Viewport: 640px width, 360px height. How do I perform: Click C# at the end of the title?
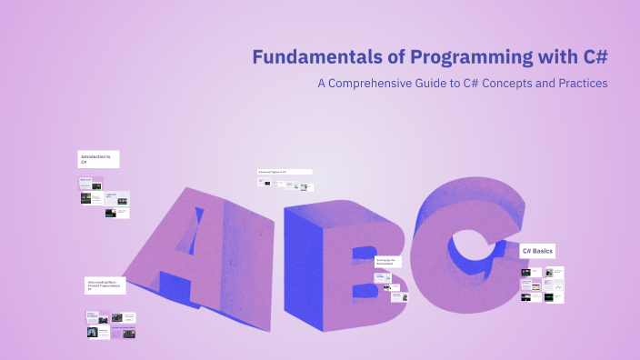pos(591,57)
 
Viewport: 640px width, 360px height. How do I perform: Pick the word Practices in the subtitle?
pos(584,84)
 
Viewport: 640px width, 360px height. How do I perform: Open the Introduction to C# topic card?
pos(98,159)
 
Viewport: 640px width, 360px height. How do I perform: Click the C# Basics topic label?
pos(537,250)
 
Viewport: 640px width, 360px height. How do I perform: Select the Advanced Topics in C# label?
pos(284,171)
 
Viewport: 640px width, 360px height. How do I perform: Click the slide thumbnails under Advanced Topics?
pos(283,184)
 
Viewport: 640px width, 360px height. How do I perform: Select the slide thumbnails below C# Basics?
pos(542,285)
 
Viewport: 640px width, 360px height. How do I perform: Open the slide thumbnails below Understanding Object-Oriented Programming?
pos(111,325)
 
